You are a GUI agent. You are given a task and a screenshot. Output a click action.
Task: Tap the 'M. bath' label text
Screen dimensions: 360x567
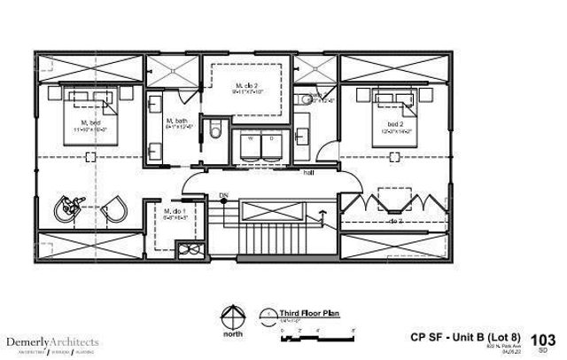[x=175, y=121]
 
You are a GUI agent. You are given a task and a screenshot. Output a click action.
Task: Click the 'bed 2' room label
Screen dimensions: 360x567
[x=395, y=124]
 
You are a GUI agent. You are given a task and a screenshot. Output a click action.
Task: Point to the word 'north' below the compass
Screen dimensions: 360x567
[x=233, y=335]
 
